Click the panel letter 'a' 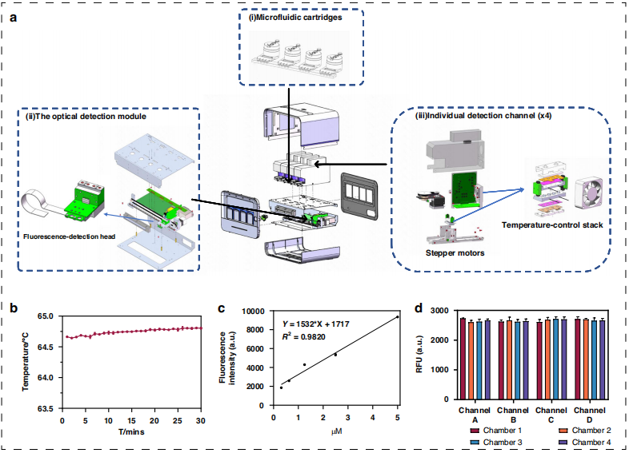pos(13,14)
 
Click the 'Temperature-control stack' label pos(551,225)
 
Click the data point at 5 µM pos(397,316)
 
